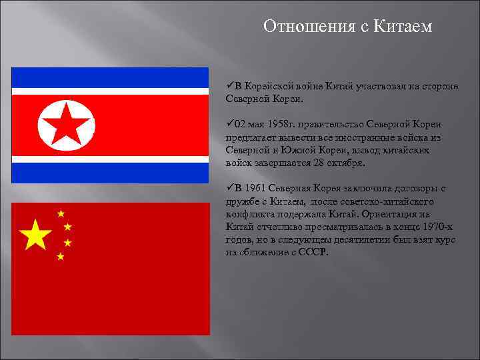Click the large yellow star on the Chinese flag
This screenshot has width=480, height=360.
pyautogui.click(x=36, y=235)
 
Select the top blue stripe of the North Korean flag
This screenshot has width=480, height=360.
pyautogui.click(x=110, y=77)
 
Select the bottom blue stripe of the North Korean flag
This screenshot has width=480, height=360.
pyautogui.click(x=110, y=173)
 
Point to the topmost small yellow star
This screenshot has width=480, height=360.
pyautogui.click(x=61, y=214)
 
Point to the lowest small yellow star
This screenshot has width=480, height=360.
pyautogui.click(x=61, y=256)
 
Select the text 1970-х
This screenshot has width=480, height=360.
pyautogui.click(x=441, y=227)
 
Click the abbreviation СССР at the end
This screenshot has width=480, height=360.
pyautogui.click(x=315, y=253)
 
